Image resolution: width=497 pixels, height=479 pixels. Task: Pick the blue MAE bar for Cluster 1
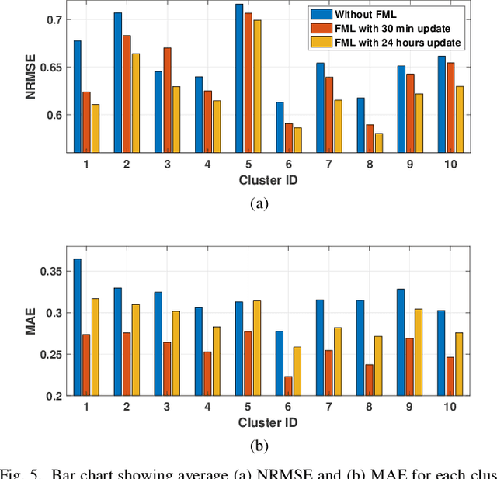point(77,327)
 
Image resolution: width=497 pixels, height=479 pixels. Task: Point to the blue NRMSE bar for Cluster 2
point(117,82)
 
